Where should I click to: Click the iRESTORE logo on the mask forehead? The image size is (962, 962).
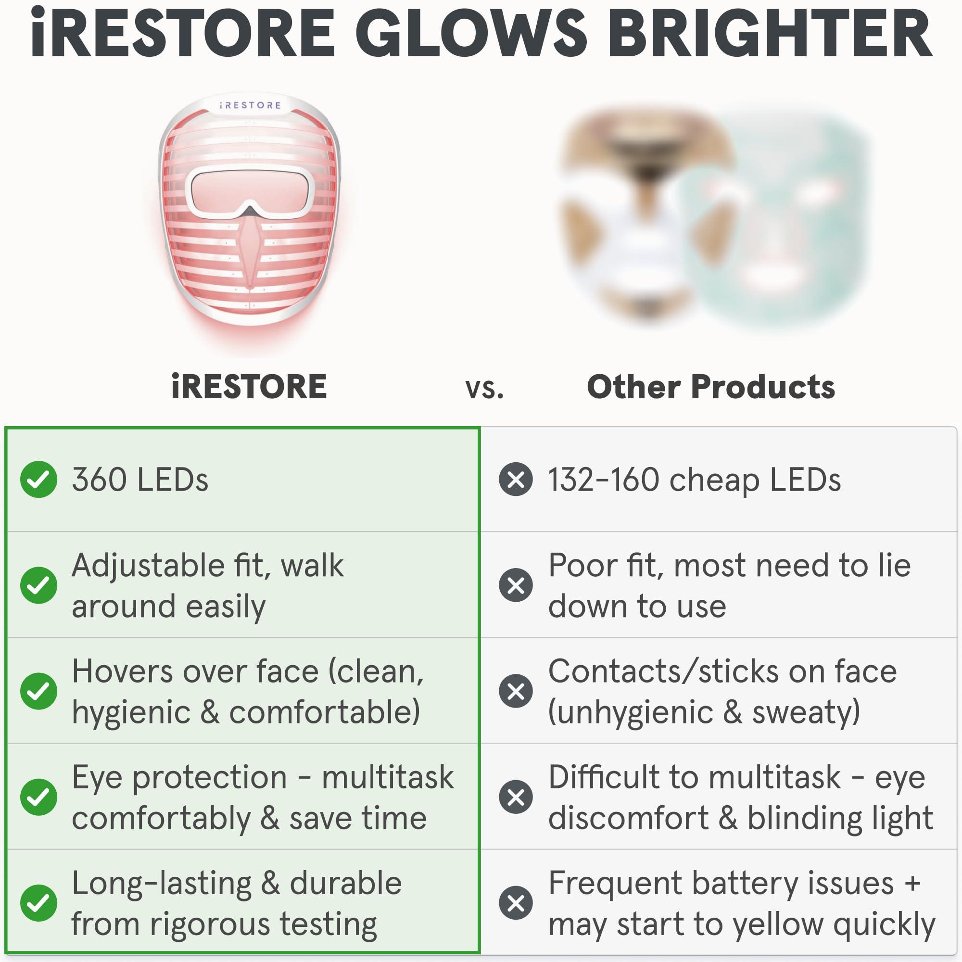251,105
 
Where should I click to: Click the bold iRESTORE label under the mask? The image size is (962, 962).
249,387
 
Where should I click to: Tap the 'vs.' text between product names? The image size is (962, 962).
484,388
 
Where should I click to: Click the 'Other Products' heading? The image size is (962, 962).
710,387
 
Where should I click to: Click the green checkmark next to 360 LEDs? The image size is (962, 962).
38,480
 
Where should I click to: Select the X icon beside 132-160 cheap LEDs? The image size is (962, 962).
516,480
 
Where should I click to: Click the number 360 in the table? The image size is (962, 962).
99,480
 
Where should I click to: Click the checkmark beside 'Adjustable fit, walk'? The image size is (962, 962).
38,585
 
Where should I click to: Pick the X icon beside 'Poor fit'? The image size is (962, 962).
516,585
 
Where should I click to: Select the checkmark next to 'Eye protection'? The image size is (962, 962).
38,797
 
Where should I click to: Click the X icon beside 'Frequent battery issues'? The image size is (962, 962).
516,903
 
